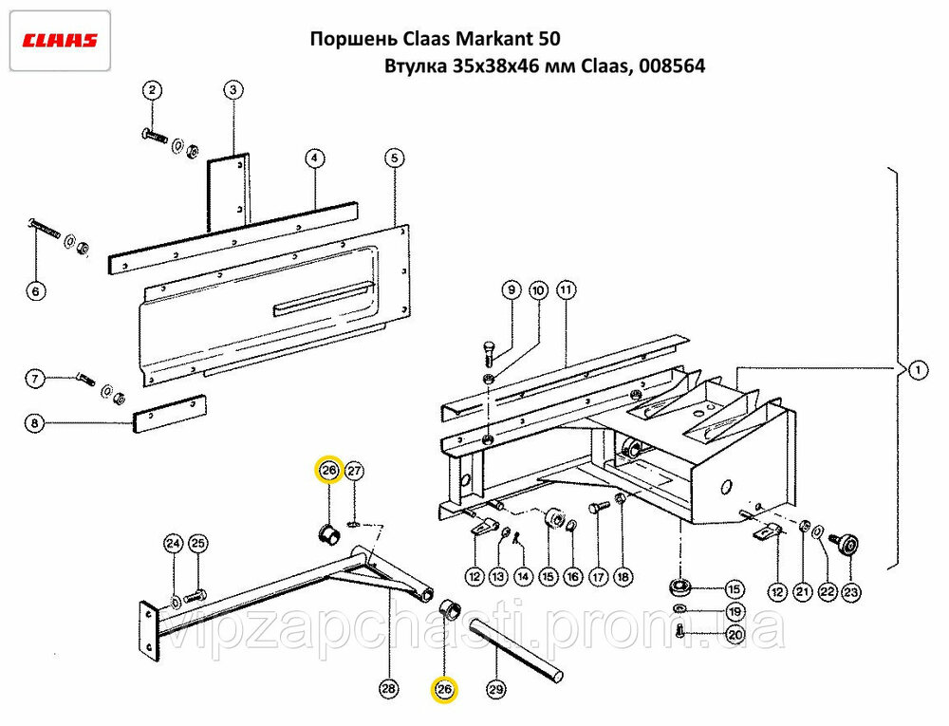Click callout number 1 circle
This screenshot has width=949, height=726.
(x=916, y=371)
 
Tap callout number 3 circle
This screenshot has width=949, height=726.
(x=234, y=90)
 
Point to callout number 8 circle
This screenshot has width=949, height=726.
(x=34, y=424)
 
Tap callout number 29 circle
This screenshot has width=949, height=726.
(x=494, y=690)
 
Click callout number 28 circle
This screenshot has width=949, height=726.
(x=388, y=690)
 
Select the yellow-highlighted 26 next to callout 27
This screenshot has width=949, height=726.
(x=328, y=471)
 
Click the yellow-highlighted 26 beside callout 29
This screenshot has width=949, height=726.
(x=444, y=690)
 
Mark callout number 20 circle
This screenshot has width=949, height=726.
(x=735, y=633)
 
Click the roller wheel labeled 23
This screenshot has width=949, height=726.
(x=846, y=545)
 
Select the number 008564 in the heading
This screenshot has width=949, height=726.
(x=672, y=67)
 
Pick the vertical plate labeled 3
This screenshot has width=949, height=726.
(x=228, y=193)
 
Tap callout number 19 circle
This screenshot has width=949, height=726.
(x=735, y=610)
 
